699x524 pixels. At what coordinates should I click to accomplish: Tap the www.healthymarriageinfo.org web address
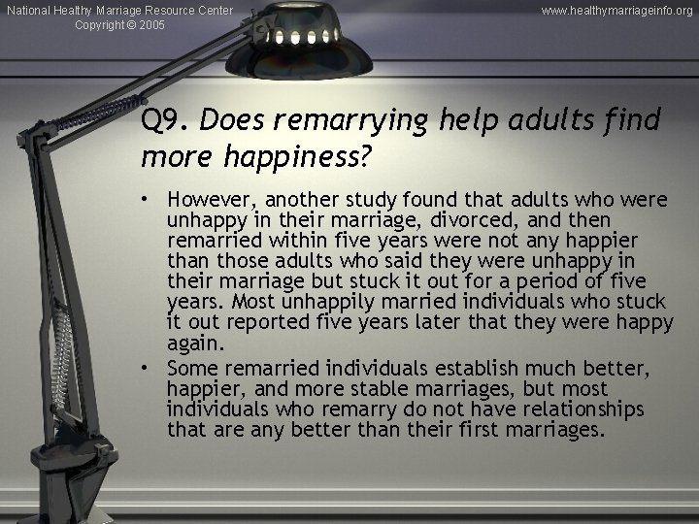click(616, 10)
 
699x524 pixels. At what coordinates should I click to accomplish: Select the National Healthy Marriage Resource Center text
click(118, 10)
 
